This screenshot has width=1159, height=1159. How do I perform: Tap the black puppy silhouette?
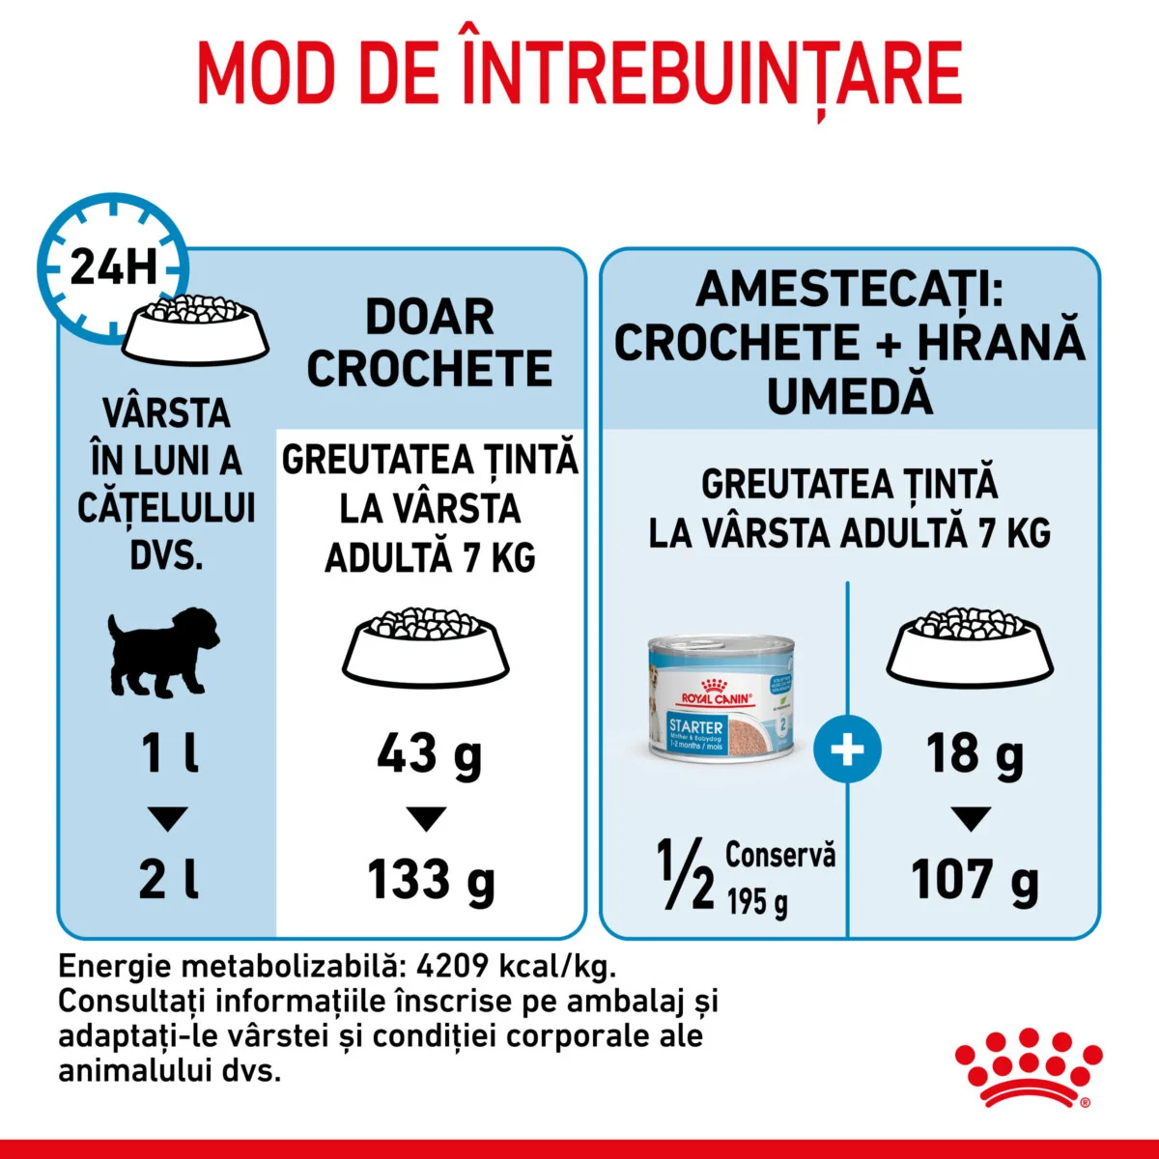pos(162,651)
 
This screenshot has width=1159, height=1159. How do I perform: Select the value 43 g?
pos(428,754)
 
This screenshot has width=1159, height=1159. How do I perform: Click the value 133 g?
pos(430,881)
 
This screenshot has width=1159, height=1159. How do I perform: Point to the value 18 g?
pos(974,754)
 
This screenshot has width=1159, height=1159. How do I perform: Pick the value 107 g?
pos(974,881)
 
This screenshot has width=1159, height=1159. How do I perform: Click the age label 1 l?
pos(170,754)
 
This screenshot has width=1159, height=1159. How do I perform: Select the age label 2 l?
pos(168,881)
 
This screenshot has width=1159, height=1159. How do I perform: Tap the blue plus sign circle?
pos(847,749)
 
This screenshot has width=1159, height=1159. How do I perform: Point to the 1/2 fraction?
pos(685,875)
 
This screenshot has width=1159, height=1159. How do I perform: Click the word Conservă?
pos(779,855)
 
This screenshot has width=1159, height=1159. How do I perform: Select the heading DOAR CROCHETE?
pos(430,344)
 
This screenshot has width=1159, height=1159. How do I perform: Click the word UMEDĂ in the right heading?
pos(849,396)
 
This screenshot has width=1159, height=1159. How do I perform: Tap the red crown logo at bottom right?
pos(1028,1067)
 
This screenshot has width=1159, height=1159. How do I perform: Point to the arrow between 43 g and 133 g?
pos(426,819)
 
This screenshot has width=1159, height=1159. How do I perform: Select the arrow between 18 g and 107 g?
pos(971,819)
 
